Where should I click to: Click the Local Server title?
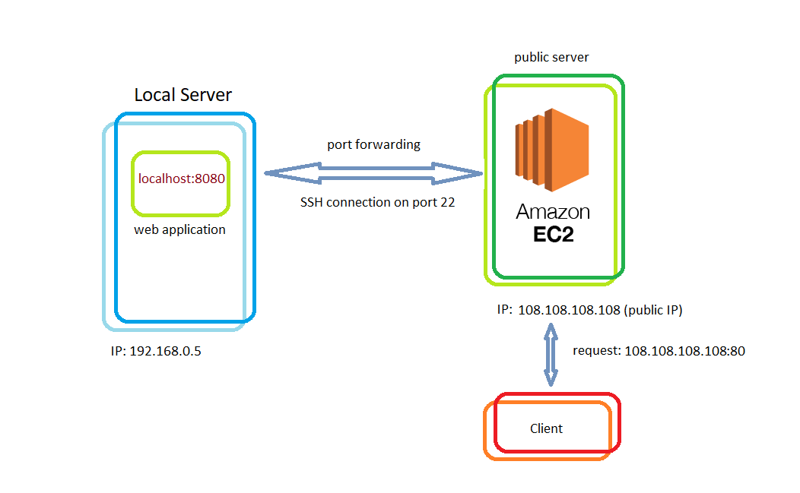(183, 96)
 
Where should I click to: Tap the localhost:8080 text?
(182, 179)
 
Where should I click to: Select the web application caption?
(180, 229)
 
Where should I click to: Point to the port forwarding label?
(373, 144)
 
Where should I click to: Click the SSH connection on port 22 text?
(377, 203)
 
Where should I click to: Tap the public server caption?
(551, 57)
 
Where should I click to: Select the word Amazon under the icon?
(553, 212)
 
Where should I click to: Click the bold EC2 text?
(553, 235)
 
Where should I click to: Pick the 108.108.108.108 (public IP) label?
(600, 311)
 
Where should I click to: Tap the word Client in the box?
(546, 428)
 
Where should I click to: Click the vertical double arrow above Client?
(551, 355)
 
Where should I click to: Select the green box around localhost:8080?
(134, 182)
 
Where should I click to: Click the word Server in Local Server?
(206, 96)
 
